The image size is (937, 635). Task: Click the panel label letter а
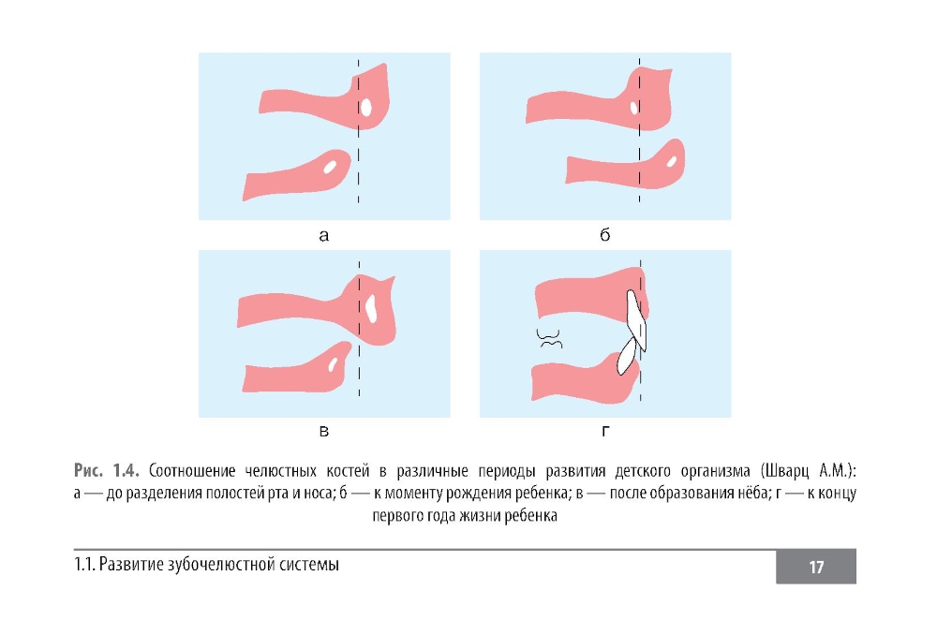[x=323, y=236]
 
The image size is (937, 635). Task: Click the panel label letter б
[x=604, y=234]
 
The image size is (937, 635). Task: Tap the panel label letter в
[x=324, y=432]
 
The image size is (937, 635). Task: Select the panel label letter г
[x=605, y=432]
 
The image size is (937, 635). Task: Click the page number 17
[x=816, y=567]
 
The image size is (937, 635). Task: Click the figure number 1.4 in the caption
[x=126, y=471]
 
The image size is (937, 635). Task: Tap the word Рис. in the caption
[x=88, y=471]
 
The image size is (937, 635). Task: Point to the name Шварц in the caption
[x=785, y=471]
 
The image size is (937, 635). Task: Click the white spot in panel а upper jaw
[x=365, y=108]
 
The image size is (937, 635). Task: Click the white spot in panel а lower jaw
[x=329, y=167]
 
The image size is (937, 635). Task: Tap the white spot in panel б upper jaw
[x=634, y=108]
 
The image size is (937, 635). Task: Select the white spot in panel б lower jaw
[x=672, y=161]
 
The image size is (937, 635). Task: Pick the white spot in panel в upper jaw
[x=371, y=308]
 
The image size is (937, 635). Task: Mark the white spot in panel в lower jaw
[x=333, y=364]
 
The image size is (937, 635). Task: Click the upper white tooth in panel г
[x=636, y=319]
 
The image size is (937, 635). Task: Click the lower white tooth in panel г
[x=626, y=356]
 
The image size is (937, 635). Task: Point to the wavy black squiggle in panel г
[x=548, y=339]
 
